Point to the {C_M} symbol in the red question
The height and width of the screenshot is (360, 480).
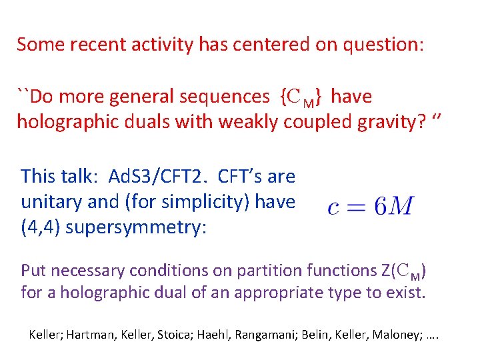tap(301, 97)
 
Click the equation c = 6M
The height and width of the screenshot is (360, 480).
tap(371, 206)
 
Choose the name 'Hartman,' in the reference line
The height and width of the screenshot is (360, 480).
tap(89, 333)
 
